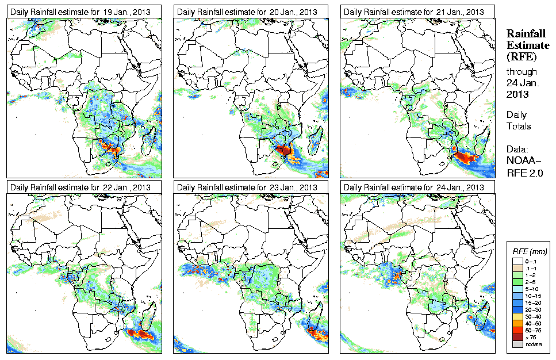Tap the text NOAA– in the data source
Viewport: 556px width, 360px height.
coord(523,162)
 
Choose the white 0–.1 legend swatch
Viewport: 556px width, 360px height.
coord(517,262)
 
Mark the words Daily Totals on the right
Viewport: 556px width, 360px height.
coord(519,121)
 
